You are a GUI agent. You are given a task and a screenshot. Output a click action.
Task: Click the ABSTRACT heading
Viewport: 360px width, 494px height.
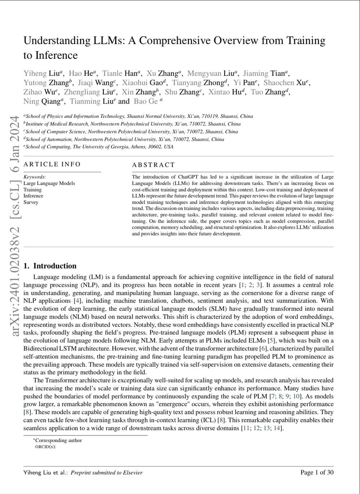click(x=153, y=165)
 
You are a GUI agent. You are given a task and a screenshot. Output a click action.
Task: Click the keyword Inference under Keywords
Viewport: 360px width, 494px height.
click(x=33, y=196)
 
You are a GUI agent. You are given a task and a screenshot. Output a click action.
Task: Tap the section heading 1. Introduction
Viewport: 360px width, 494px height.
click(x=50, y=266)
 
